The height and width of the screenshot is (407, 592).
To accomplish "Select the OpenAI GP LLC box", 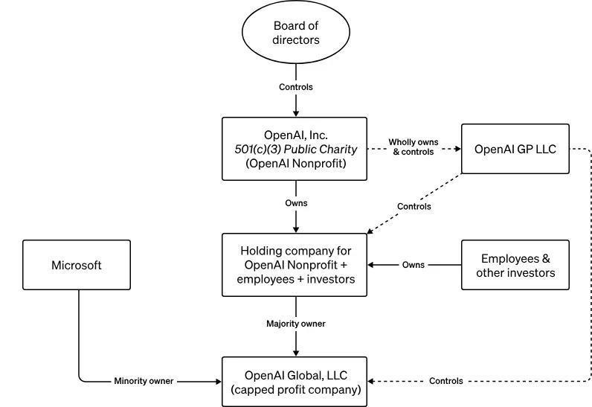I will click(x=515, y=149).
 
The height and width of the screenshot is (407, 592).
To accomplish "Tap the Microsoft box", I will click(x=77, y=265).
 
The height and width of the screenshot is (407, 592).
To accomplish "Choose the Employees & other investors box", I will click(x=515, y=265).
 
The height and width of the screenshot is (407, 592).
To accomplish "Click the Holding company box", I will click(x=295, y=265).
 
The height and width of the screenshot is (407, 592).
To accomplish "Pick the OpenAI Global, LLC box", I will click(x=295, y=382).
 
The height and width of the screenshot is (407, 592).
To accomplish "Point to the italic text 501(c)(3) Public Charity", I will click(x=295, y=149).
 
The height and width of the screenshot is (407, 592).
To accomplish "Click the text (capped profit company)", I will click(x=295, y=389).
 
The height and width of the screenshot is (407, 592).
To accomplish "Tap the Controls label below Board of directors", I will click(x=295, y=87).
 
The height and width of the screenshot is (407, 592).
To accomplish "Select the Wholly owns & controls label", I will click(x=413, y=147).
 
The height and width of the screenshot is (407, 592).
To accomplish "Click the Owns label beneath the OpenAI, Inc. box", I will click(x=295, y=202).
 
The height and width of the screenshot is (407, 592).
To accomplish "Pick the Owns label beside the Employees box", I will click(x=414, y=265).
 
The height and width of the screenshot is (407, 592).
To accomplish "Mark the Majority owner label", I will click(x=295, y=324).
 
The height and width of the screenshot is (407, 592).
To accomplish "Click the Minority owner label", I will click(x=144, y=381).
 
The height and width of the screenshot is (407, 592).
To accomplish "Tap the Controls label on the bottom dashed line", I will click(x=445, y=381).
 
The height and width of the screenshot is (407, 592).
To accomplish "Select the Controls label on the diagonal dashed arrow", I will click(x=414, y=206).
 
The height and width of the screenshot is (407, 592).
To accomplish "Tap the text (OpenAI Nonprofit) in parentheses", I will click(x=295, y=163).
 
